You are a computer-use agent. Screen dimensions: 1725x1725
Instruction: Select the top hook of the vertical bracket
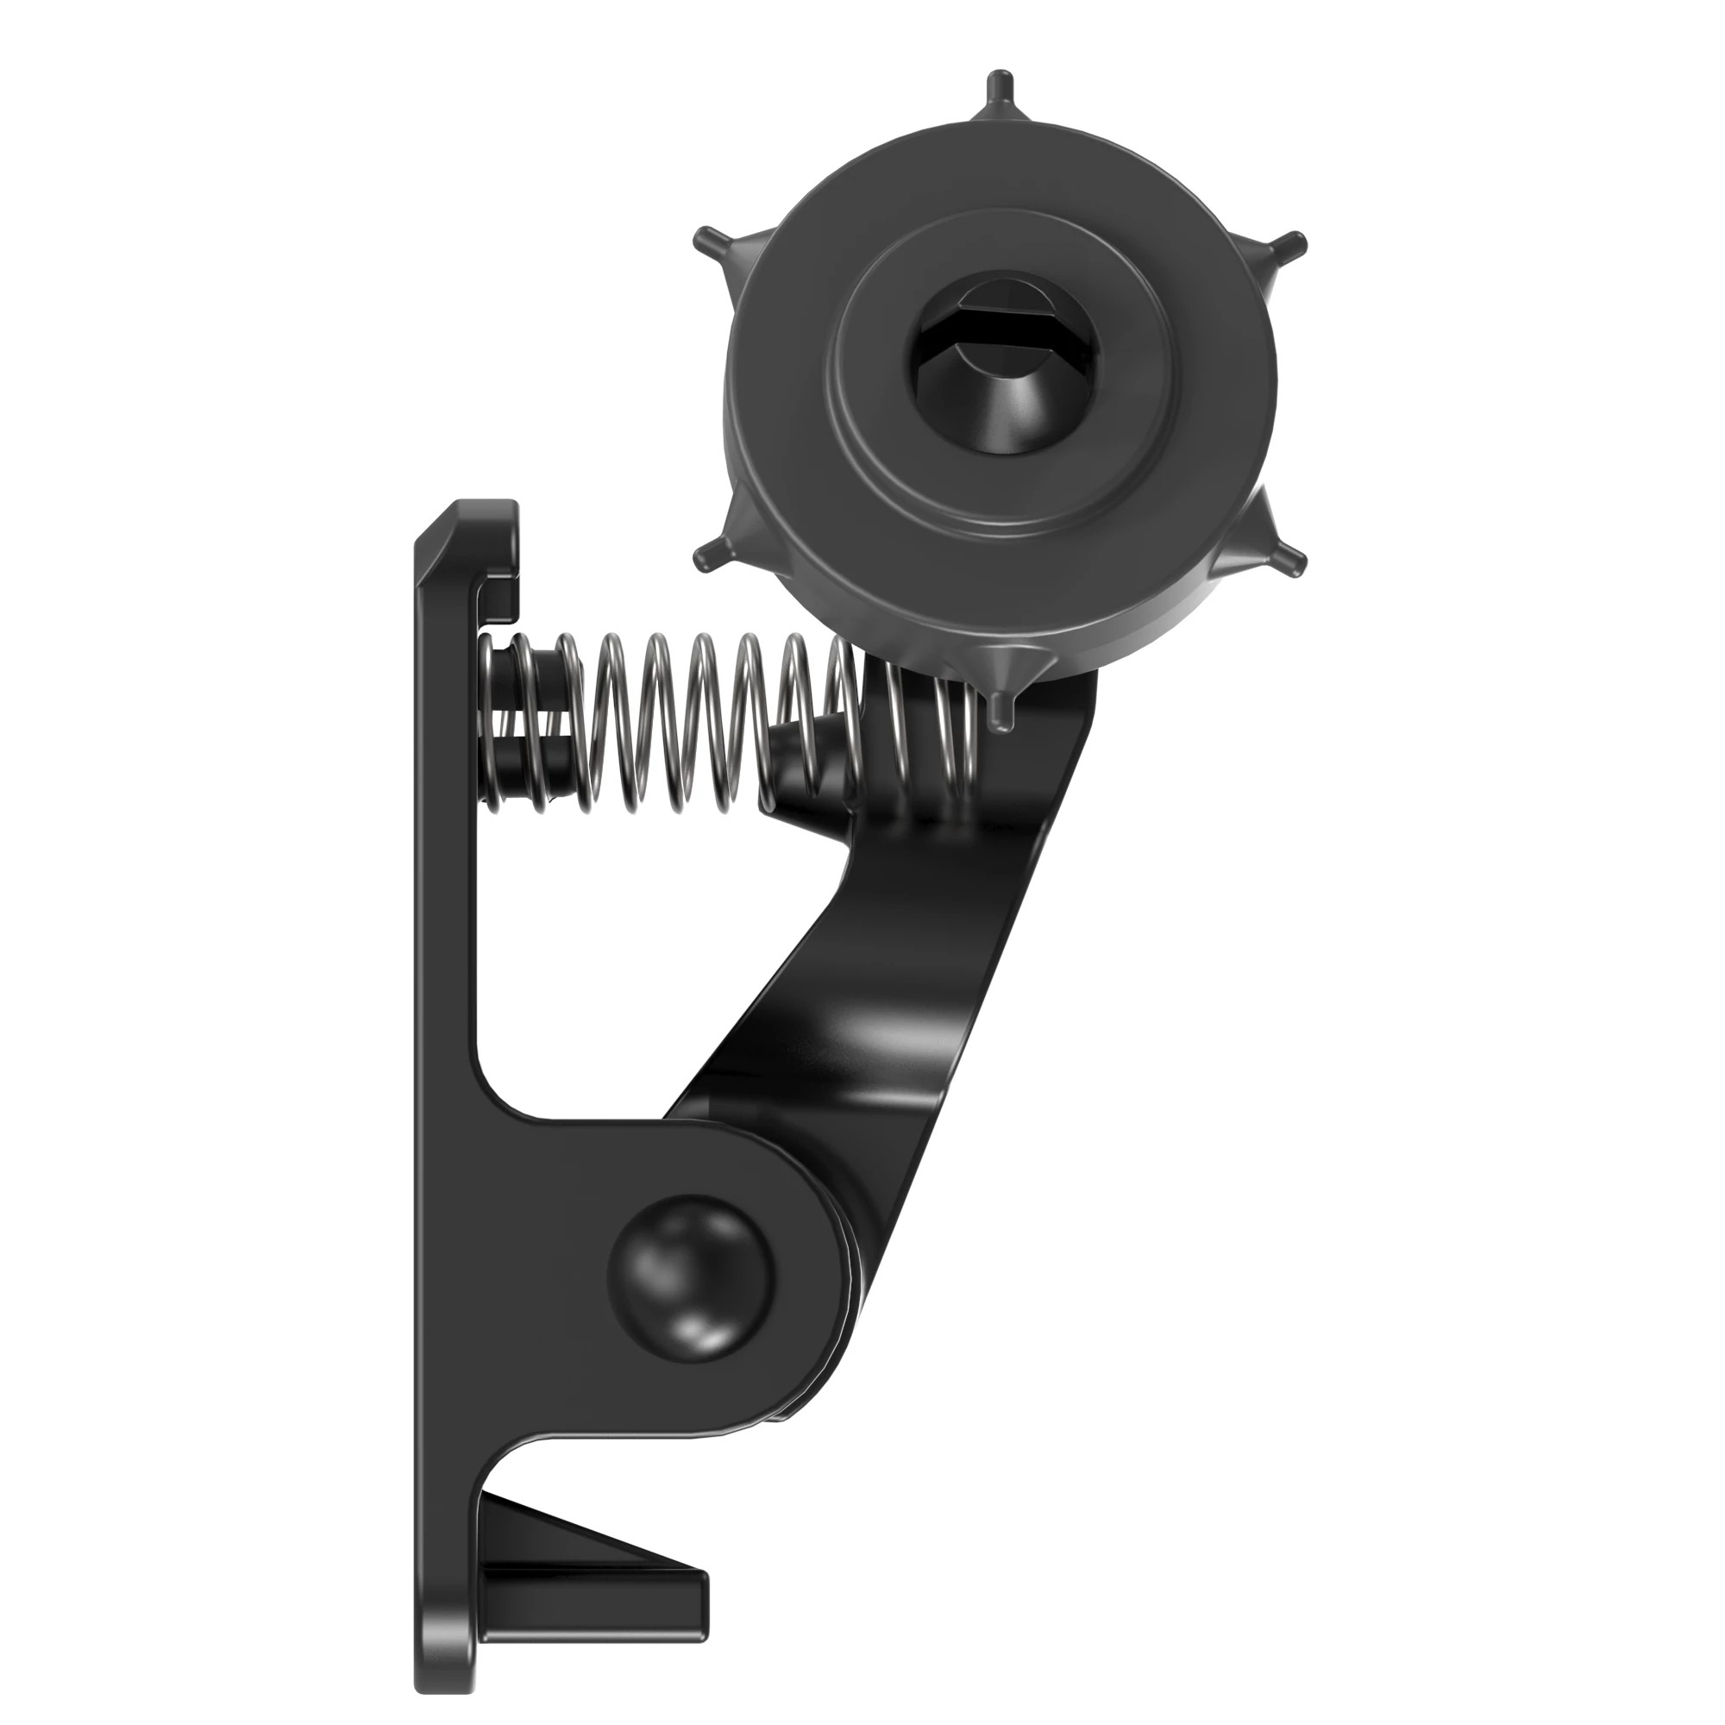(x=486, y=544)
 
